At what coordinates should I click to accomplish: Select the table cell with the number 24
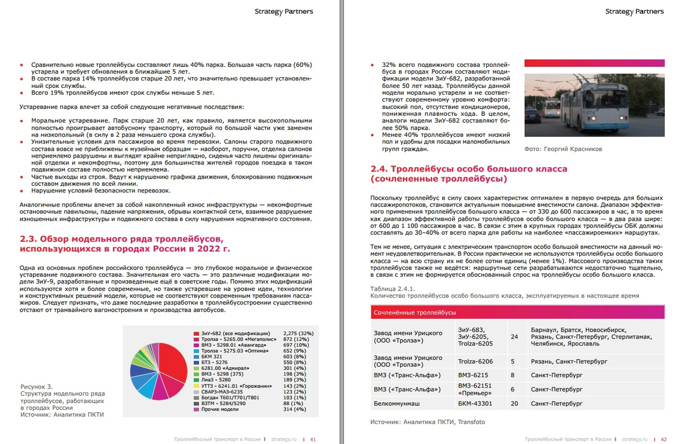click(514, 336)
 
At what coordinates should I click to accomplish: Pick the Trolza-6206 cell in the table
click(475, 361)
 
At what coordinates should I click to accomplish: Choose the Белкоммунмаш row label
click(399, 404)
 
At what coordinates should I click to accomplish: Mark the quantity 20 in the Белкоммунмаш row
click(514, 404)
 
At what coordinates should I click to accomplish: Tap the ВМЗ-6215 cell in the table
click(473, 375)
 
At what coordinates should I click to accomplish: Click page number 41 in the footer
click(313, 439)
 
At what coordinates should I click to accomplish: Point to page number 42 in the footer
click(664, 439)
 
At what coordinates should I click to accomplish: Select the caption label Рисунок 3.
click(36, 387)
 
